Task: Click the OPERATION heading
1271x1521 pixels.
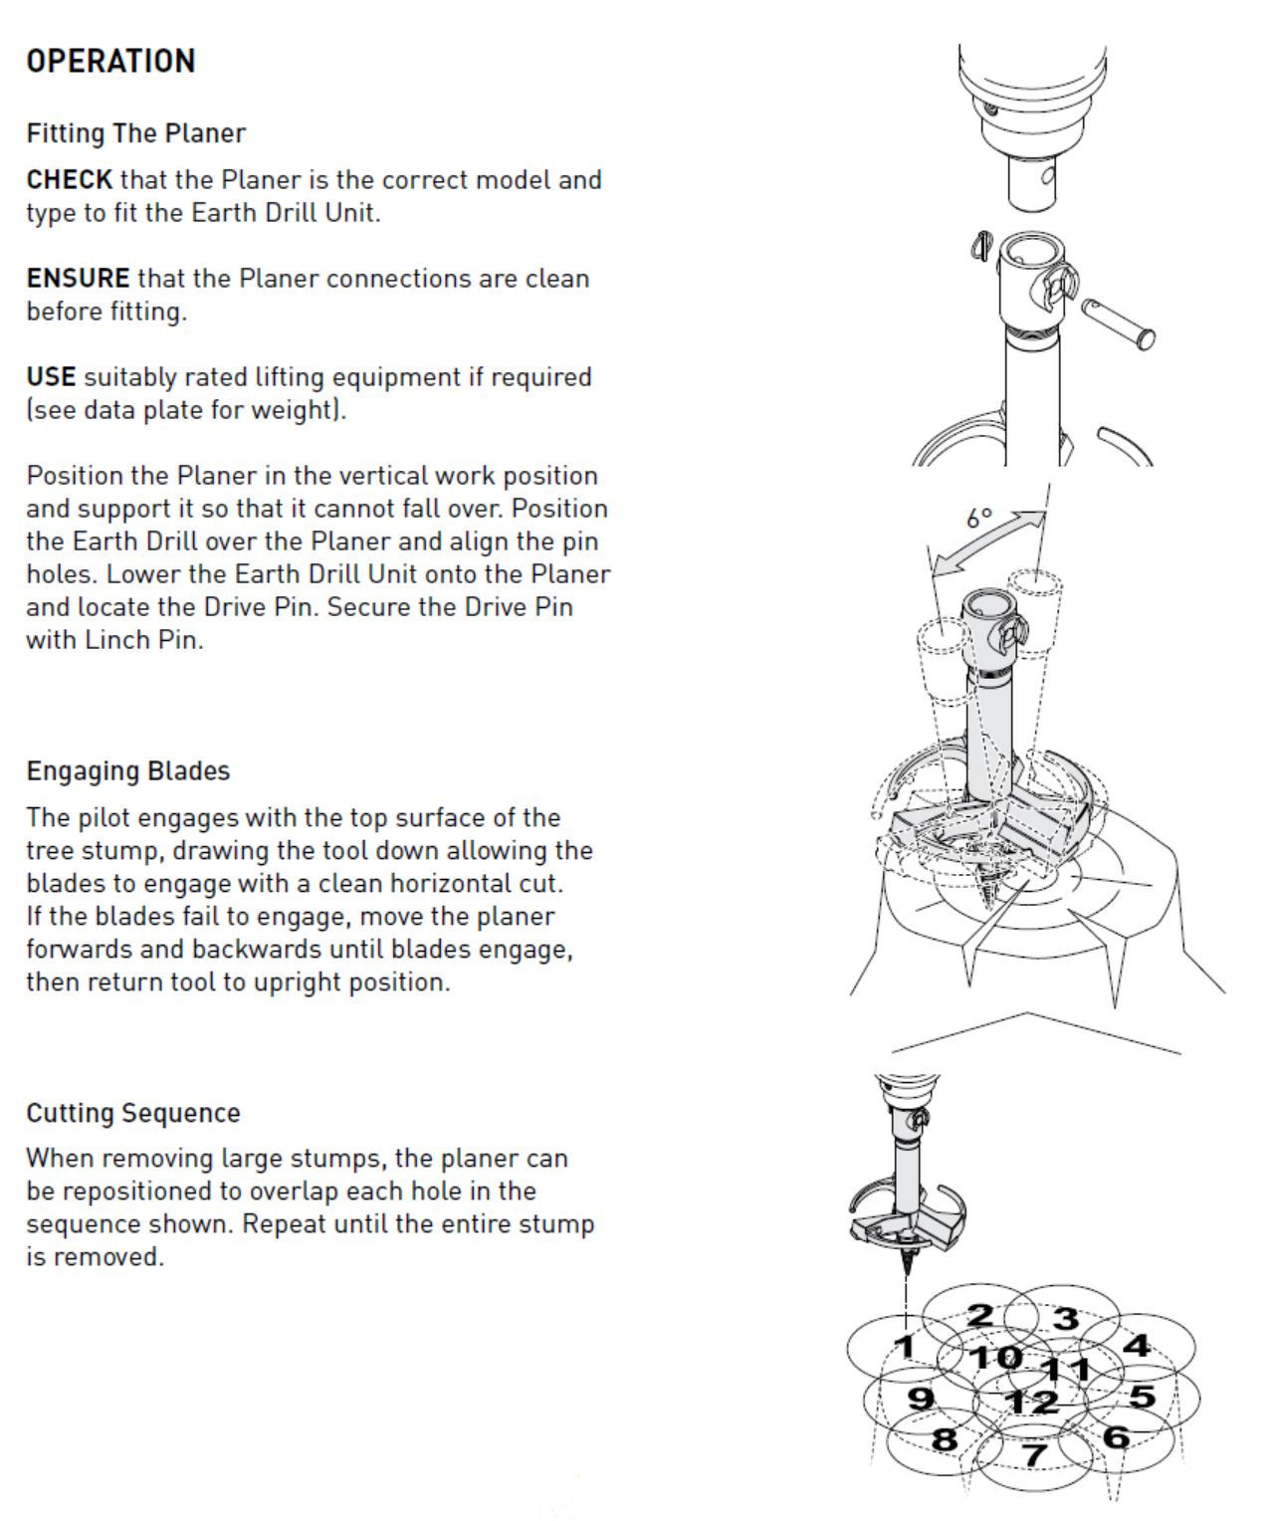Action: click(110, 61)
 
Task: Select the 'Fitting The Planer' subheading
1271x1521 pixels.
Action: click(135, 133)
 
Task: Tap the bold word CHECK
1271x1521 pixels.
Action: click(69, 180)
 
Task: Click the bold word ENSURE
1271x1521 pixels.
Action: click(78, 279)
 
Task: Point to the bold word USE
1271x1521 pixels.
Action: click(51, 377)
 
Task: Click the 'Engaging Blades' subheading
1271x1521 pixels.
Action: click(127, 771)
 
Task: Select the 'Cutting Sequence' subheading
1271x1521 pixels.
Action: click(133, 1113)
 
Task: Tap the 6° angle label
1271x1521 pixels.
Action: click(979, 518)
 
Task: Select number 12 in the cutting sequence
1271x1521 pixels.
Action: click(1030, 1403)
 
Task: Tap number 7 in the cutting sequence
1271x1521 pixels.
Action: click(1036, 1454)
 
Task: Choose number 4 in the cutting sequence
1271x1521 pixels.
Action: click(1136, 1346)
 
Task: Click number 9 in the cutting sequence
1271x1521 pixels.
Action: click(922, 1398)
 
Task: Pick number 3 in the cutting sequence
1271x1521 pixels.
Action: click(1066, 1318)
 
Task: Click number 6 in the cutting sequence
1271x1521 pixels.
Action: click(1116, 1436)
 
